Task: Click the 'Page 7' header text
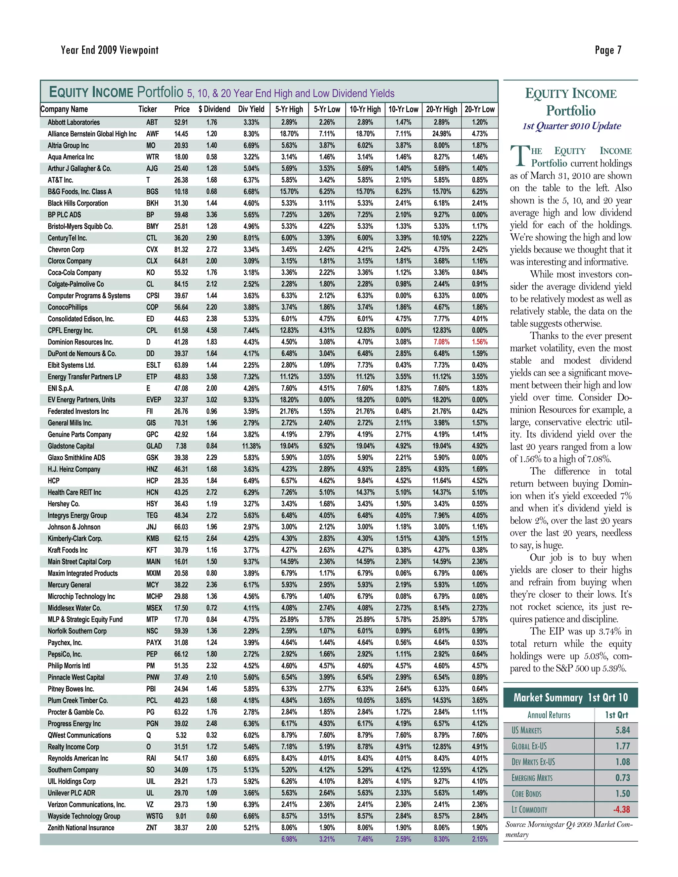[x=608, y=50]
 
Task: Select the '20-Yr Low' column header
[x=480, y=109]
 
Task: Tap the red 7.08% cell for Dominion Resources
[x=441, y=342]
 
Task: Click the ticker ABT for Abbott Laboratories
[x=152, y=122]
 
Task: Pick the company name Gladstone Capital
[x=71, y=446]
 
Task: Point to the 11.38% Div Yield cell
[x=251, y=446]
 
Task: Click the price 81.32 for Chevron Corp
[x=181, y=250]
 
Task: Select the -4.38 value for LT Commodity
[x=621, y=809]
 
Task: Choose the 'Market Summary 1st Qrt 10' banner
[x=570, y=698]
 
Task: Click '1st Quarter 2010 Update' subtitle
[x=571, y=126]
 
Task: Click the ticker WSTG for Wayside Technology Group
[x=154, y=816]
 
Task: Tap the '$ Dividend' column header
[x=214, y=109]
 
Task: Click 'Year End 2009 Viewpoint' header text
[x=110, y=50]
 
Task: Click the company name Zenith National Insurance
[x=81, y=828]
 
